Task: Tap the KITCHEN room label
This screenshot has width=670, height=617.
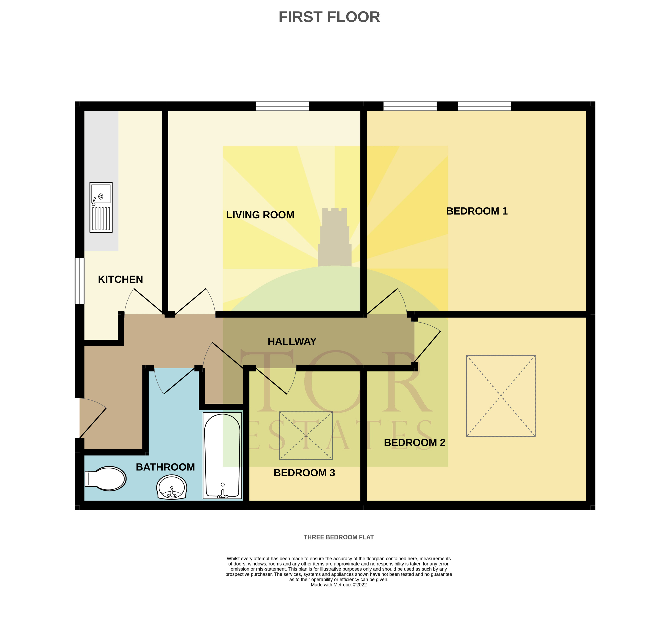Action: tap(120, 279)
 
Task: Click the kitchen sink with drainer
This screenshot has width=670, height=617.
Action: tap(101, 207)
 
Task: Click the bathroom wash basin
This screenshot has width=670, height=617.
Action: tap(172, 488)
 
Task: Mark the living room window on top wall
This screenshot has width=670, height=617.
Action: tap(283, 106)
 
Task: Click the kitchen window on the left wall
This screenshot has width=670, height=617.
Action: tap(79, 281)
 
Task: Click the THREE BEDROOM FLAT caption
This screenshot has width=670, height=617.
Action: tap(339, 537)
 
